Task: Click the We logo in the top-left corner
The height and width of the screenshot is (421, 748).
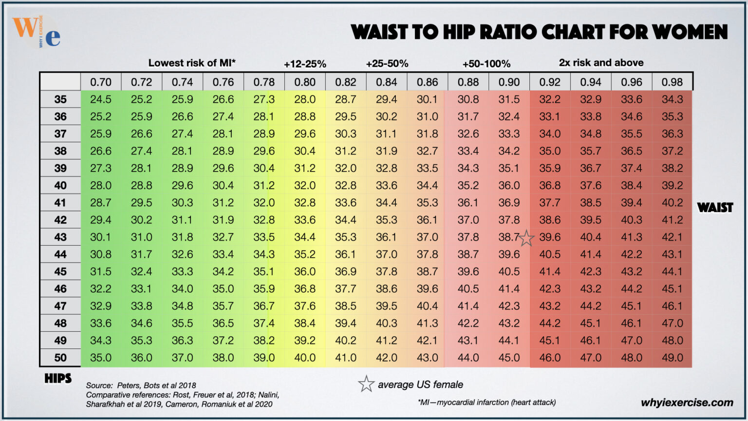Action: coord(37,32)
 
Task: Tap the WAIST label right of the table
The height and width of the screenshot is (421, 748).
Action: coord(714,208)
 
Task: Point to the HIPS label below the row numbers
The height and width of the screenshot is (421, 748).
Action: coord(58,379)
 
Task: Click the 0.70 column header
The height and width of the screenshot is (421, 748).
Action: coord(101,82)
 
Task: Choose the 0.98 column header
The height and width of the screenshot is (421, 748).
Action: coord(672,82)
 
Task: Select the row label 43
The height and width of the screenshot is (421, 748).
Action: coord(60,237)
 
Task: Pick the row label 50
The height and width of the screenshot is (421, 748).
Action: coord(60,358)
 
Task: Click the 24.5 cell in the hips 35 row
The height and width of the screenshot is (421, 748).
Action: coord(101,99)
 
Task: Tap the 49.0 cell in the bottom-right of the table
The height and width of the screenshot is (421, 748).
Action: coord(672,358)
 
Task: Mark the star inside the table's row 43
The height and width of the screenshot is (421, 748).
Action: coord(526,238)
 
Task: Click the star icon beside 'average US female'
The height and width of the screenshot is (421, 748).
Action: coord(366,384)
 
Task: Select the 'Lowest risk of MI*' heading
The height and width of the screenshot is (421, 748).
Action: coord(192,63)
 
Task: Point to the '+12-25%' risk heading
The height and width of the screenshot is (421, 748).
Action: coord(305,64)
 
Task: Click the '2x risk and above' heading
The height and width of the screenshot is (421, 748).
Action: coord(601,63)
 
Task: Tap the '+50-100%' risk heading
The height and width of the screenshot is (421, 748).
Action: coord(486,64)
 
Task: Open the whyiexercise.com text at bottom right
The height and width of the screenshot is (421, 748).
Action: coord(687,402)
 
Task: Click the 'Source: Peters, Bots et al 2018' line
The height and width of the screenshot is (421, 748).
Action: coord(141,385)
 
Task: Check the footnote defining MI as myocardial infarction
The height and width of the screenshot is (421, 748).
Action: coord(486,402)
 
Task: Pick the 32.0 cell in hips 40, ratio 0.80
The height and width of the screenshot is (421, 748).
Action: coord(305,186)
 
